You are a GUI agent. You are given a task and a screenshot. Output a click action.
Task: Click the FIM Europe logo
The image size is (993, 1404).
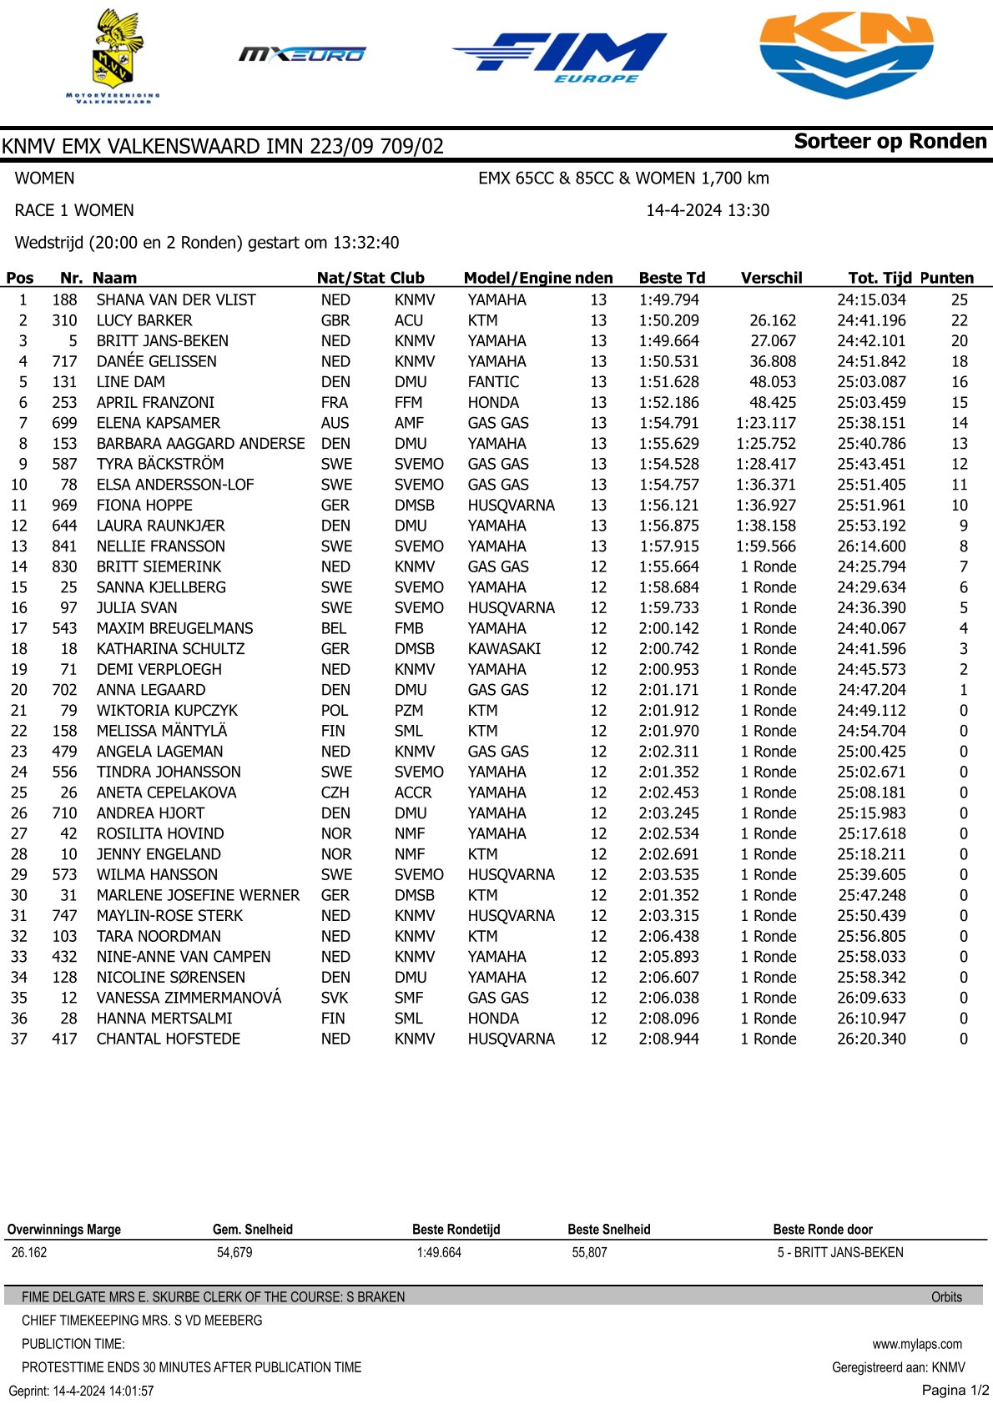(560, 57)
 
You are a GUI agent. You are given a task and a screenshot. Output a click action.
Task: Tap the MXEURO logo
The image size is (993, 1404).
(302, 55)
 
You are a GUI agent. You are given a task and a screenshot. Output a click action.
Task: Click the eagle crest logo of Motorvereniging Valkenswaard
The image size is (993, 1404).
(113, 54)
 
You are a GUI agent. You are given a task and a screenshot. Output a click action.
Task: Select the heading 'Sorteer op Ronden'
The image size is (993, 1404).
(890, 142)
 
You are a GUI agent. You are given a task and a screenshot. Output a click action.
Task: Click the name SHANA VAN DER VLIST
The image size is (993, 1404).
(176, 299)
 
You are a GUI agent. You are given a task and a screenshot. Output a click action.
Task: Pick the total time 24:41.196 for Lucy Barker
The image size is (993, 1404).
(871, 320)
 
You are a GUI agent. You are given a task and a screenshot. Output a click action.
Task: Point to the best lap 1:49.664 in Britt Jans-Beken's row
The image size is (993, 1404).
(668, 341)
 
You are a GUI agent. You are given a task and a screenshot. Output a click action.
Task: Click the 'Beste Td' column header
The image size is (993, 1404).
(672, 278)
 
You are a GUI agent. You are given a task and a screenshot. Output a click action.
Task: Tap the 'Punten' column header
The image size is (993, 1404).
(946, 278)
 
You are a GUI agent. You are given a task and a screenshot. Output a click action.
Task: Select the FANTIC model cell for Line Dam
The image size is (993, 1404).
(493, 382)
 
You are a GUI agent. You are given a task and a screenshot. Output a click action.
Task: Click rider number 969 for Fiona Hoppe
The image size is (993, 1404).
(64, 506)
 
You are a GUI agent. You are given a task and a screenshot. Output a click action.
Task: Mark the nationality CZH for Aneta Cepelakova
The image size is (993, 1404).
(335, 793)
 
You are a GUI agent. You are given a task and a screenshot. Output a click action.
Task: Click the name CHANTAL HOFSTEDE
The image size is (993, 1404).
(169, 1039)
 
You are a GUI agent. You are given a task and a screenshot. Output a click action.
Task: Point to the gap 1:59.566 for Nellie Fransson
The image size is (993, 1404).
(766, 546)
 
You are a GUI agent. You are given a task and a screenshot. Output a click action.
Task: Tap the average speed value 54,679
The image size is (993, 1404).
(234, 1252)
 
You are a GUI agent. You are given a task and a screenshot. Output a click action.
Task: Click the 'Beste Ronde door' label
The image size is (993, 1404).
(823, 1229)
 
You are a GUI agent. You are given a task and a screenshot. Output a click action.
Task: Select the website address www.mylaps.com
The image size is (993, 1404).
(917, 1344)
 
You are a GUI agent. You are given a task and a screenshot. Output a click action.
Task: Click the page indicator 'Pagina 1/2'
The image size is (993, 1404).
(955, 1390)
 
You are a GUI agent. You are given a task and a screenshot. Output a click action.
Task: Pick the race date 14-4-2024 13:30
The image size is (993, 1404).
(708, 210)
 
